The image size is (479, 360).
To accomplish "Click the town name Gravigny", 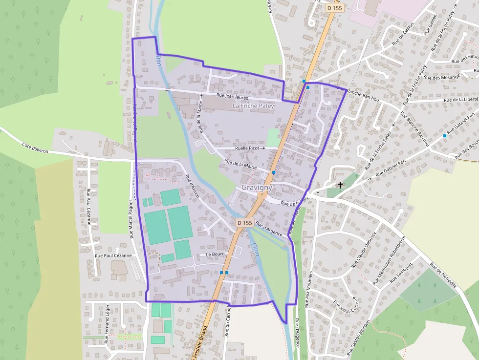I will (x=257, y=188).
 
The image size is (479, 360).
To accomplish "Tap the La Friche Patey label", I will (x=253, y=106).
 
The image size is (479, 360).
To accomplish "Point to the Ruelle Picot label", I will (x=247, y=148).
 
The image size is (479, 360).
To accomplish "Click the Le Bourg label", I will (x=215, y=254).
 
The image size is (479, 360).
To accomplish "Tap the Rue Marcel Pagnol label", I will (x=132, y=219).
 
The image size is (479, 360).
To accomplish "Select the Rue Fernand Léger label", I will (x=108, y=324).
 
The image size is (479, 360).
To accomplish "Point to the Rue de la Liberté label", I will (x=461, y=99).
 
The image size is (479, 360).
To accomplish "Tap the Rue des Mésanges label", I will (x=443, y=77).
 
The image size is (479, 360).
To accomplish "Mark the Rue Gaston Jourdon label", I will (x=359, y=338).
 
